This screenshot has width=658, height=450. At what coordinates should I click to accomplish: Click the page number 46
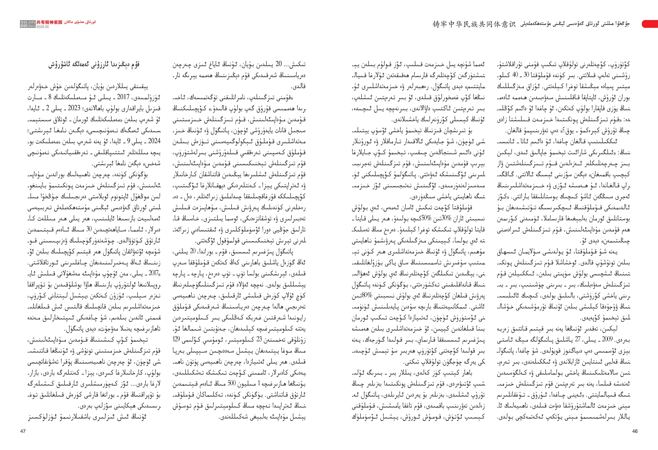(635, 431)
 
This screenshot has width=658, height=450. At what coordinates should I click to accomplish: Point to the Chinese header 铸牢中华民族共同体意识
(474, 24)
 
